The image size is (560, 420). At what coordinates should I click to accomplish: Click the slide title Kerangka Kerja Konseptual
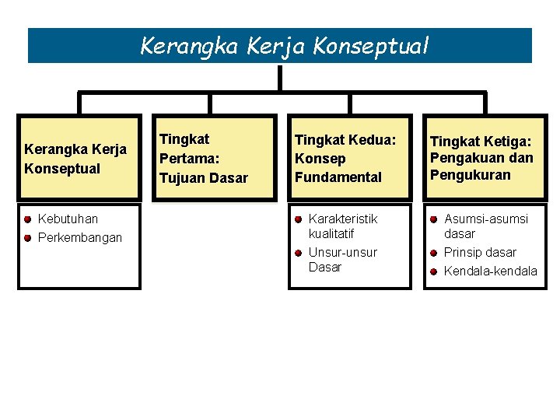(x=284, y=47)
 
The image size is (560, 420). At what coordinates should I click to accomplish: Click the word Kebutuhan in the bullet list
(x=68, y=219)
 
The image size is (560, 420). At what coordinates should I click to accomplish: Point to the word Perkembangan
(x=79, y=237)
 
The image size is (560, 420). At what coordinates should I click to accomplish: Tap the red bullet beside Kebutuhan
(x=27, y=219)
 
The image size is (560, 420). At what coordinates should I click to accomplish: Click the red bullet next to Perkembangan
(x=27, y=237)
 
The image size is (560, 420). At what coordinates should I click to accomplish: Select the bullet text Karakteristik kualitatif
(x=342, y=226)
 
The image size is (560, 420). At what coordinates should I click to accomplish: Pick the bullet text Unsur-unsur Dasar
(x=342, y=260)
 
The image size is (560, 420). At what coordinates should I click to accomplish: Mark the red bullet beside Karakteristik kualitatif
(x=298, y=219)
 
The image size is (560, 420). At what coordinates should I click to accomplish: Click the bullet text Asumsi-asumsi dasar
(x=485, y=226)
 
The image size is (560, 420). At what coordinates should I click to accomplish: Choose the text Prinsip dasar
(x=479, y=252)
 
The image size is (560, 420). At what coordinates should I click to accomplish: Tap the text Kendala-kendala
(x=490, y=271)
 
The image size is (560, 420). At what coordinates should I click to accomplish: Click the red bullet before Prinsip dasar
(x=433, y=252)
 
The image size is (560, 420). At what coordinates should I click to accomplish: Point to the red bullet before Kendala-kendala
(x=433, y=271)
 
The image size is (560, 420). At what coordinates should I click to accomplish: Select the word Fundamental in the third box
(x=338, y=177)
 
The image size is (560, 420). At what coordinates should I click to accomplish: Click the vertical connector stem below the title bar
(x=279, y=78)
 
